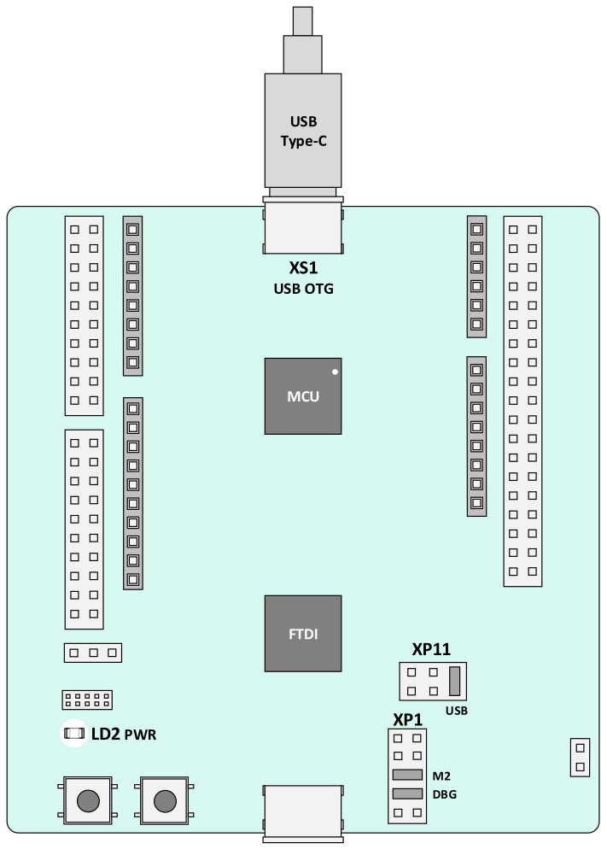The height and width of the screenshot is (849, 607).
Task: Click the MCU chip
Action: pyautogui.click(x=303, y=395)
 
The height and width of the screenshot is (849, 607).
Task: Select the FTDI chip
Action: pyautogui.click(x=303, y=634)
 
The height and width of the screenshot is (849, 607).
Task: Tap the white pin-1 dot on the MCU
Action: pyautogui.click(x=335, y=372)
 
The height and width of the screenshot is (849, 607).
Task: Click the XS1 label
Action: pyautogui.click(x=303, y=268)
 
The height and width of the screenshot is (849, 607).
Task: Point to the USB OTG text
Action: pyautogui.click(x=304, y=289)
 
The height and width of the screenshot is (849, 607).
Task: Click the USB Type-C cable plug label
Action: pyautogui.click(x=304, y=131)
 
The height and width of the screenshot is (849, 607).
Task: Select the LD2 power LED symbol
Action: pyautogui.click(x=74, y=733)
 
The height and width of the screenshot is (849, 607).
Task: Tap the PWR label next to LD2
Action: pyautogui.click(x=140, y=735)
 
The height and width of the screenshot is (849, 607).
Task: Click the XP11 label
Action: pyautogui.click(x=431, y=649)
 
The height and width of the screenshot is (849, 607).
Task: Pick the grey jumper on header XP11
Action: pyautogui.click(x=454, y=681)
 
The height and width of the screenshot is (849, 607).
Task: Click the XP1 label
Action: pyautogui.click(x=407, y=719)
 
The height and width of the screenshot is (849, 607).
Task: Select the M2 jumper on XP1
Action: pyautogui.click(x=407, y=775)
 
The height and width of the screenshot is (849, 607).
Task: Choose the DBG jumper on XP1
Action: pyautogui.click(x=407, y=793)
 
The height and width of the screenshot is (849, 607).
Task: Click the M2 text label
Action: pyautogui.click(x=441, y=776)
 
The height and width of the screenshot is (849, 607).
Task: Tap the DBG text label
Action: pyautogui.click(x=445, y=795)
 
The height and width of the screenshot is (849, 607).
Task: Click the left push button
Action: pyautogui.click(x=88, y=801)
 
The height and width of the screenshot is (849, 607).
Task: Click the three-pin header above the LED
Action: pyautogui.click(x=93, y=653)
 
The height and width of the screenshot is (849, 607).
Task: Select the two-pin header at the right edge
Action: pyautogui.click(x=580, y=758)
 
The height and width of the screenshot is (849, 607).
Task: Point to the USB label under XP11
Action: pyautogui.click(x=457, y=711)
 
